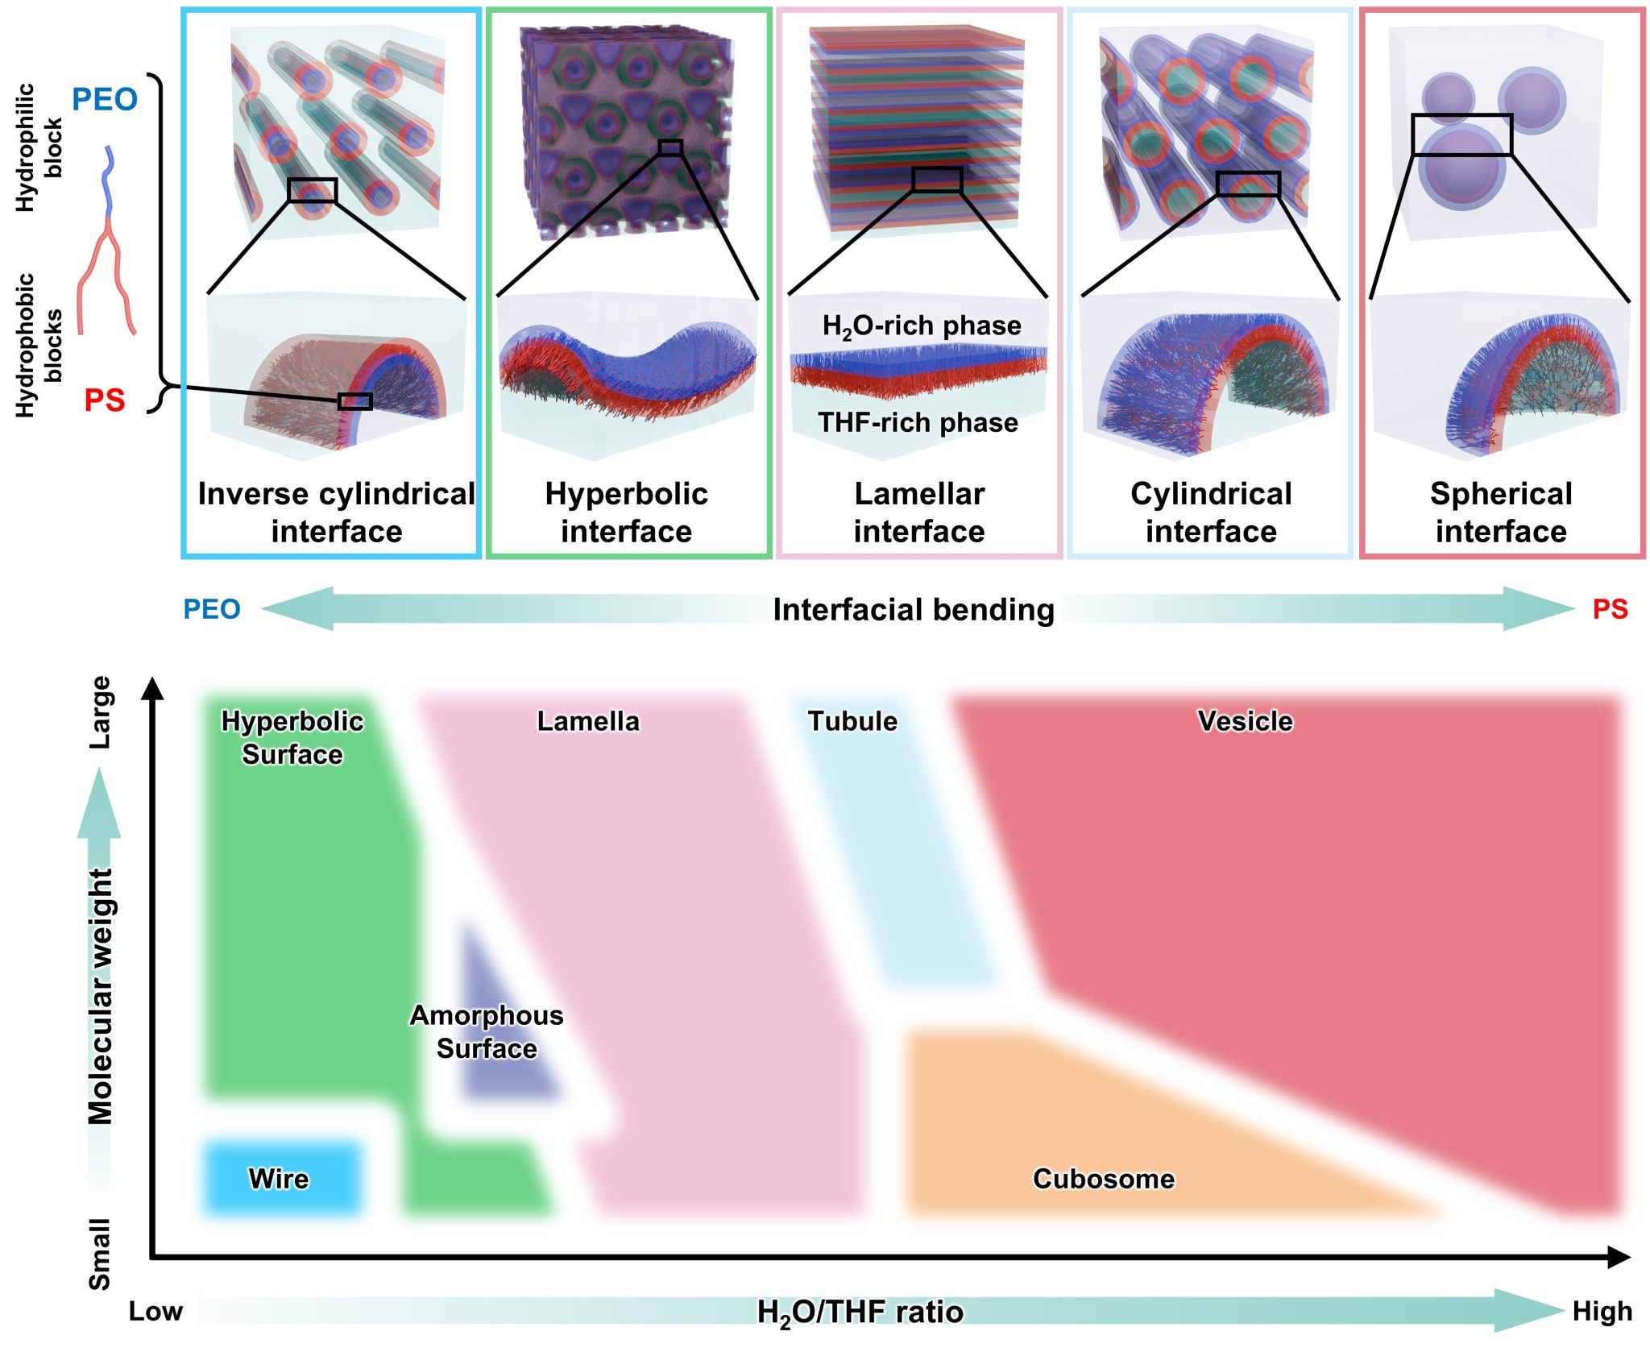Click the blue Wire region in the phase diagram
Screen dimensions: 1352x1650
(x=280, y=1178)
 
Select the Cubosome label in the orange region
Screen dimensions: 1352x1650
(x=1103, y=1179)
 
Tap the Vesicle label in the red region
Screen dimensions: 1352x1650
(x=1245, y=720)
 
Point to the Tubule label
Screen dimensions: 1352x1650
(x=852, y=720)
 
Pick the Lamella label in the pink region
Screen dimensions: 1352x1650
(x=588, y=720)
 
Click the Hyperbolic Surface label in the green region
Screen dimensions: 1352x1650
(x=292, y=737)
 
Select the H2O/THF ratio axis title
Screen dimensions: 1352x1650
(x=860, y=1313)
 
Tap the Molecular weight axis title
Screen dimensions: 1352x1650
(x=101, y=995)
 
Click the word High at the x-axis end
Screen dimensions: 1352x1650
(x=1602, y=1312)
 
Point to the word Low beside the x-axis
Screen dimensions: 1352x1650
(x=155, y=1312)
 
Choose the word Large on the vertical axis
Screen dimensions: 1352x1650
(x=101, y=712)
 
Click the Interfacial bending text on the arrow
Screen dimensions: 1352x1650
(x=913, y=610)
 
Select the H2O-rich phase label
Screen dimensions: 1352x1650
(x=922, y=326)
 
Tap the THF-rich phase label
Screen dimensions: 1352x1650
(x=918, y=422)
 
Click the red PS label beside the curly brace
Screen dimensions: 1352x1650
(x=105, y=400)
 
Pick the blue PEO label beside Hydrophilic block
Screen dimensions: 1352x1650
(x=105, y=99)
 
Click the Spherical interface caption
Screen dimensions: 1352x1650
(x=1501, y=512)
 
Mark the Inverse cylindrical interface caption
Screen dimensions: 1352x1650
(x=336, y=512)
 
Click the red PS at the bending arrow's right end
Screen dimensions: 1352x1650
(x=1610, y=609)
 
